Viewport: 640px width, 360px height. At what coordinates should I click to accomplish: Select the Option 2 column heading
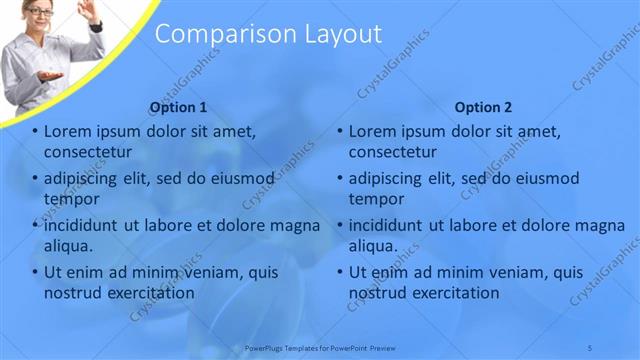pyautogui.click(x=483, y=107)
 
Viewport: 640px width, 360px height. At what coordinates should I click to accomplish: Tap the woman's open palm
pyautogui.click(x=50, y=76)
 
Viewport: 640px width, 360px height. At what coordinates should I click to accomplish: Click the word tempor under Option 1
pyautogui.click(x=71, y=198)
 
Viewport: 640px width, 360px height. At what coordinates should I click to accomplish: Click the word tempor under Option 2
pyautogui.click(x=376, y=198)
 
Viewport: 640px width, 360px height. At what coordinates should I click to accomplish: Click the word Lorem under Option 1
pyautogui.click(x=69, y=131)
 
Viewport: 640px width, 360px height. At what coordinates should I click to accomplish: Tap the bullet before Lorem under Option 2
pyautogui.click(x=339, y=131)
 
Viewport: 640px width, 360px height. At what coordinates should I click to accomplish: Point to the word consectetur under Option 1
pyautogui.click(x=88, y=152)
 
